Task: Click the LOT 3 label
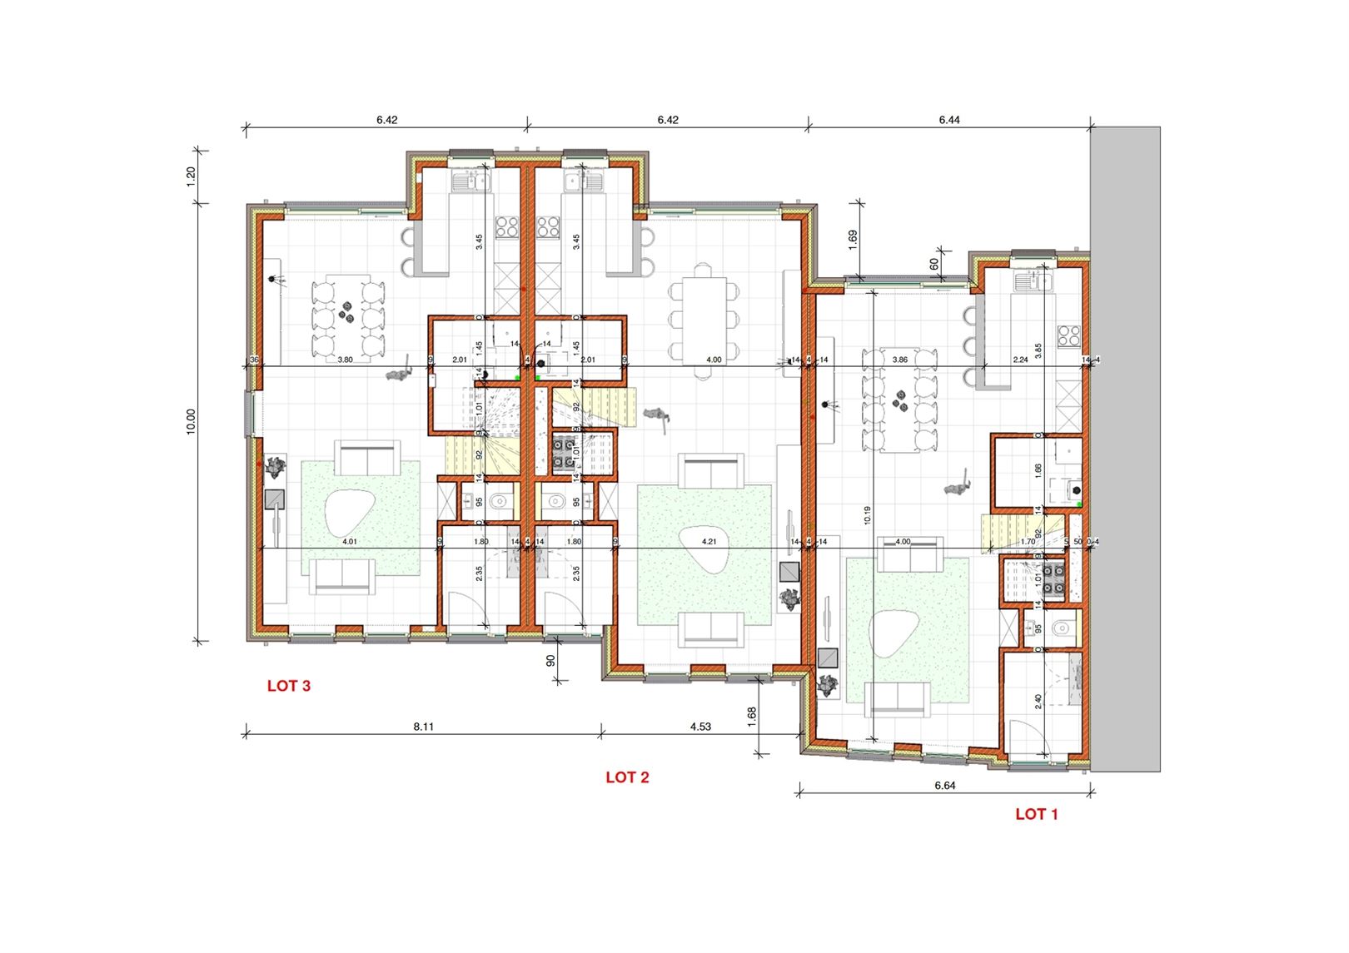point(289,687)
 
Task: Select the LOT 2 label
point(627,777)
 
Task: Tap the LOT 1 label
point(1036,815)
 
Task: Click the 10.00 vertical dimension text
point(191,421)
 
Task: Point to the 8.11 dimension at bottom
point(424,727)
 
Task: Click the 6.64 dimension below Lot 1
point(944,786)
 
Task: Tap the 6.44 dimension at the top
point(949,120)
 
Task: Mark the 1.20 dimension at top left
point(191,176)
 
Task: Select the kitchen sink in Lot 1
point(1033,280)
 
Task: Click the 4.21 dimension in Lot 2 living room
point(709,542)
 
